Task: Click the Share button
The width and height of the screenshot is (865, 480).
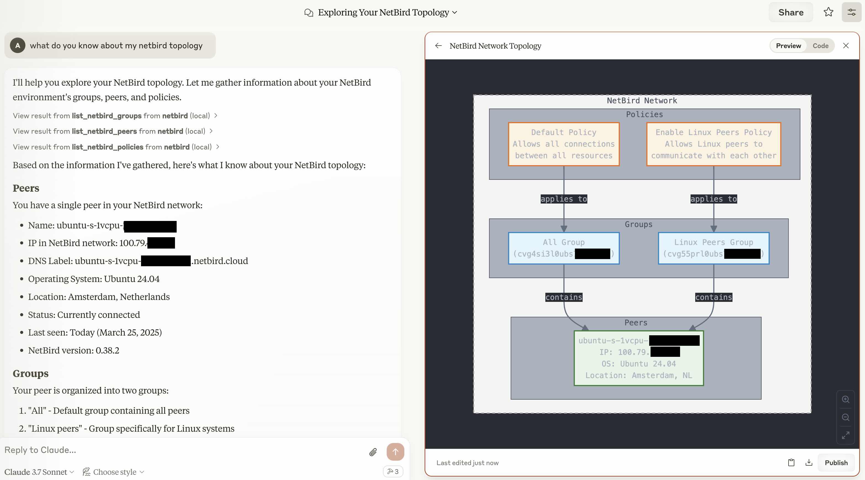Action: [x=790, y=12]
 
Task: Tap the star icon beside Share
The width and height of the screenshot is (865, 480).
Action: [x=828, y=12]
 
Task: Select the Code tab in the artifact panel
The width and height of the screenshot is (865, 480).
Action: [x=820, y=46]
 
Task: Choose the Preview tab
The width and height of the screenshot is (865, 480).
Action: [x=788, y=46]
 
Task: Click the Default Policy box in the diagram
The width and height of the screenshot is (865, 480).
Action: [x=563, y=144]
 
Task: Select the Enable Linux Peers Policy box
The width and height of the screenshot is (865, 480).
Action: [x=713, y=144]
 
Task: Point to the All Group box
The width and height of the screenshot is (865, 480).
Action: [x=563, y=248]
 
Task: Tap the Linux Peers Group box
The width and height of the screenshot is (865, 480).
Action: [x=713, y=248]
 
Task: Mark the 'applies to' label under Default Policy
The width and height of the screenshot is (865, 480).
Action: [x=563, y=199]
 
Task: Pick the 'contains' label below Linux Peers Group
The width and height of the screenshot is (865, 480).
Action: [x=713, y=297]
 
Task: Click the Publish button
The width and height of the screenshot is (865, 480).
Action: [x=836, y=463]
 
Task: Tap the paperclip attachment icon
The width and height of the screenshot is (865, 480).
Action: [x=373, y=452]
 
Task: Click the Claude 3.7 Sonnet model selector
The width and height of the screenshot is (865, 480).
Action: [x=39, y=472]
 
